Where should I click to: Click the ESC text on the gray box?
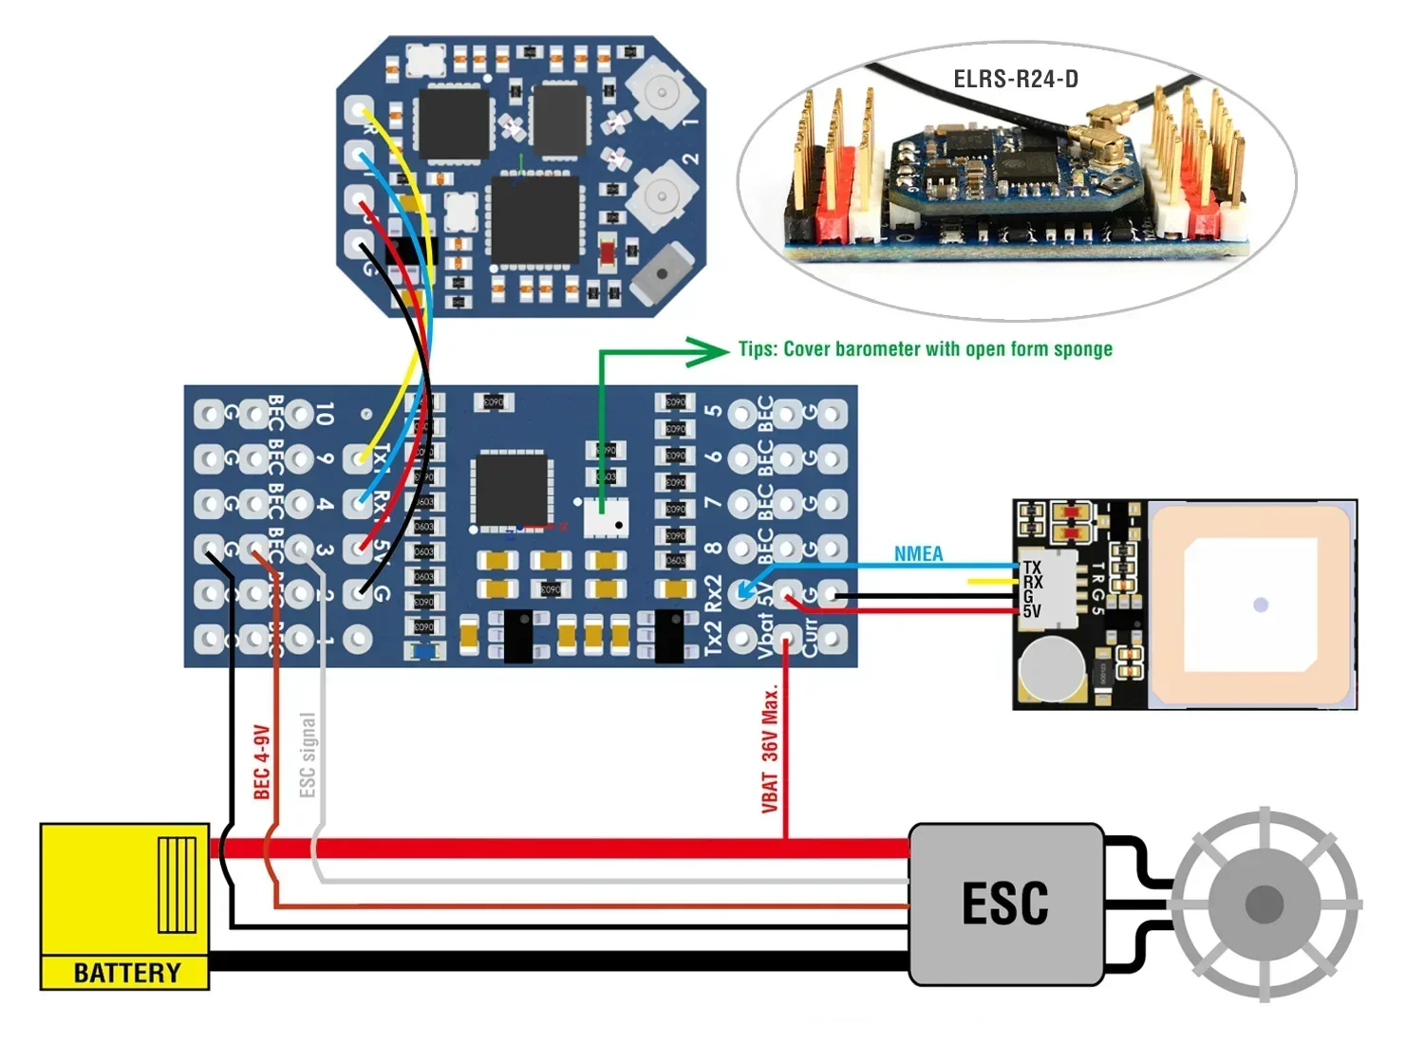1005,903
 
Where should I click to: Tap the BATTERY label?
126,973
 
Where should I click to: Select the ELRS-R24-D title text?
1016,79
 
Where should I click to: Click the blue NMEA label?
918,553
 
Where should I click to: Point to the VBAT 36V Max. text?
770,750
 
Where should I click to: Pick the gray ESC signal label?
307,755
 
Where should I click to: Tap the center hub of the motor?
1264,904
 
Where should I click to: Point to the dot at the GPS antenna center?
1261,605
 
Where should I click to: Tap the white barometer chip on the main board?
606,518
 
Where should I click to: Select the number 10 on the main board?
324,413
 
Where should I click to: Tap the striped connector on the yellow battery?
177,884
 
